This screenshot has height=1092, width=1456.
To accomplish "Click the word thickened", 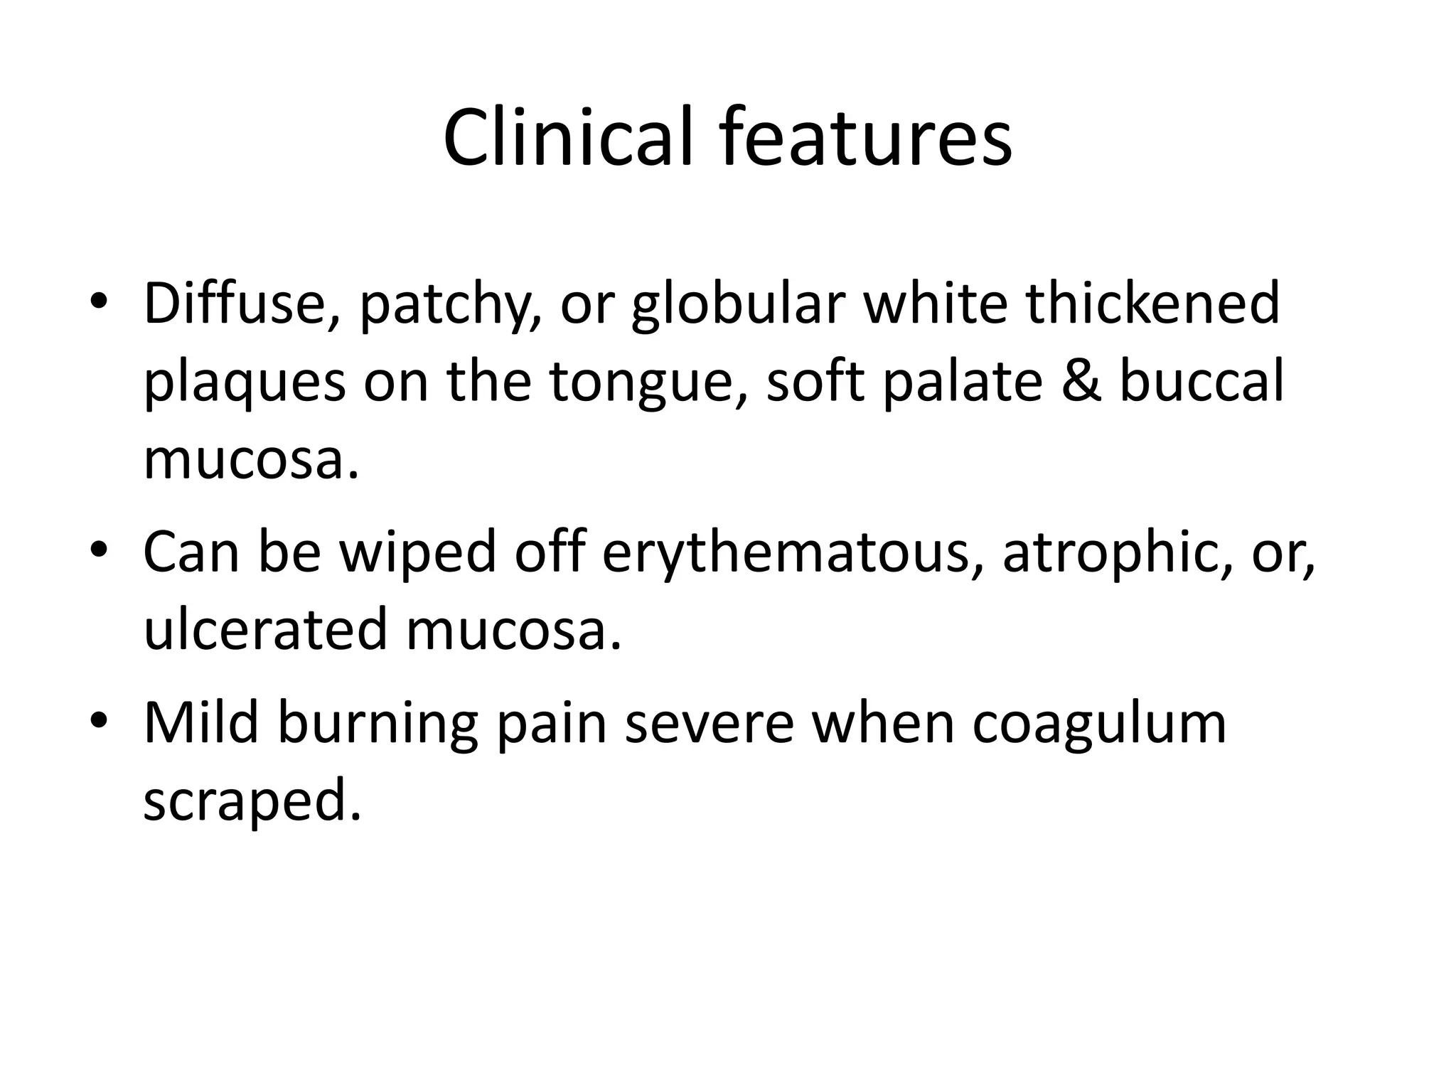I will [x=1152, y=304].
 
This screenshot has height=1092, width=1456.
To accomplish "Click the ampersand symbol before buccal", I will [x=1083, y=382].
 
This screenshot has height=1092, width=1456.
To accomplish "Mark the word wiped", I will [x=418, y=552].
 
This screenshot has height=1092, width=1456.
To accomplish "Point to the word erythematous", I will [x=786, y=554].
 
